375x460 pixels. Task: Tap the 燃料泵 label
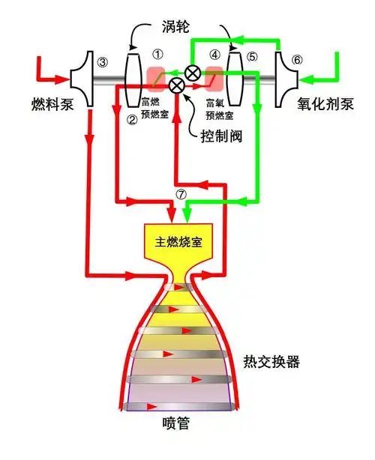(x=53, y=103)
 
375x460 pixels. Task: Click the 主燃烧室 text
(x=179, y=242)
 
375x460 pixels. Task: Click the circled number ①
(x=157, y=55)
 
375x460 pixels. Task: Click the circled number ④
(x=216, y=55)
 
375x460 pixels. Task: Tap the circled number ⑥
(x=298, y=61)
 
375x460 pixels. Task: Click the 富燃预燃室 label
(x=156, y=104)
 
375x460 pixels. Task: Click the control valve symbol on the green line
(x=193, y=73)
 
